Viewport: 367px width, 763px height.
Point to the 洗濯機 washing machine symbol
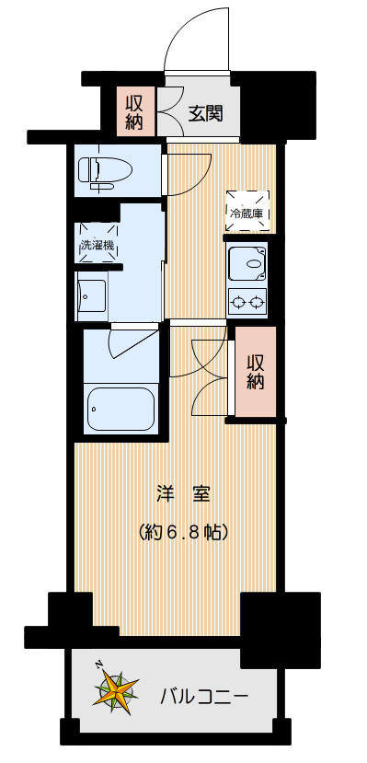tap(97, 245)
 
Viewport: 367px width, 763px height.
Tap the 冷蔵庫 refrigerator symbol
tap(247, 212)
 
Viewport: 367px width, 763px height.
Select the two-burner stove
tap(247, 300)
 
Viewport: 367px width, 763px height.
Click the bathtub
tap(120, 409)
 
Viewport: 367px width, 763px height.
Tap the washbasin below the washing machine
tap(93, 298)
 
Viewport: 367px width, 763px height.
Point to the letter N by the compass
tap(98, 665)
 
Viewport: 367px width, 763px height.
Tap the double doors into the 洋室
tap(199, 368)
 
